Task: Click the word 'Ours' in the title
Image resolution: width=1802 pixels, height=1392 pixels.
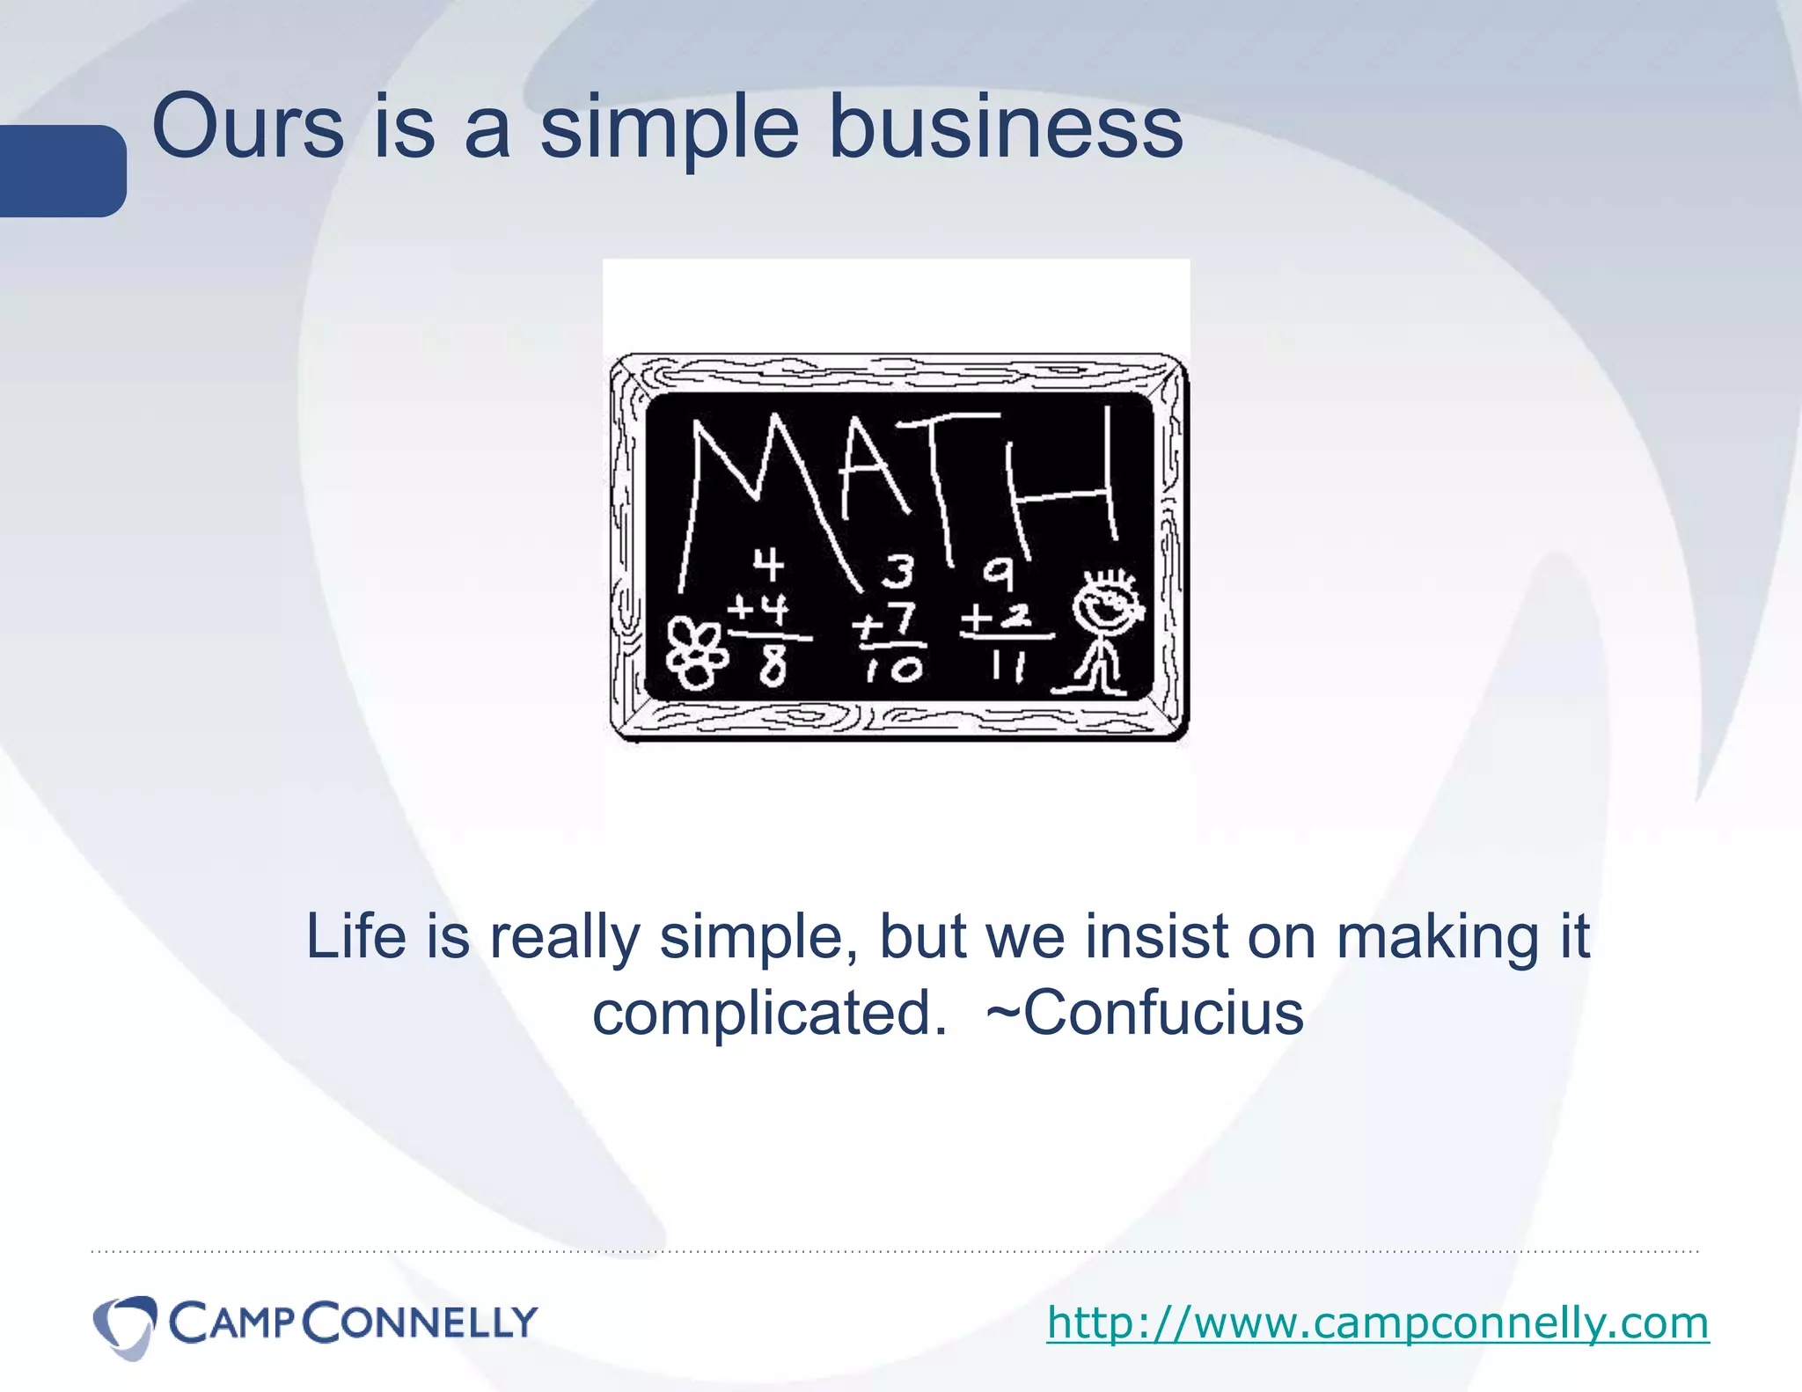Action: point(247,128)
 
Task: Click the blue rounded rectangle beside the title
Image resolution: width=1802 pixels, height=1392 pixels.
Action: point(62,171)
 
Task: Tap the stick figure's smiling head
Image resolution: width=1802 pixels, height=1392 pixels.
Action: point(1108,604)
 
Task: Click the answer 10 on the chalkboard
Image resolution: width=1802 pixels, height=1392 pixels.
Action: point(894,670)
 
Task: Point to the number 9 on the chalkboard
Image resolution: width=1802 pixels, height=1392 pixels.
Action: point(999,575)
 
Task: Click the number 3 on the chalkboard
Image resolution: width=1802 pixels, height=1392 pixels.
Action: point(898,572)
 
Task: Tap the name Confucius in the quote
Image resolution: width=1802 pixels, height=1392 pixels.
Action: point(1162,1014)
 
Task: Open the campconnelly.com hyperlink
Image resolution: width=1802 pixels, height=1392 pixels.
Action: point(1377,1322)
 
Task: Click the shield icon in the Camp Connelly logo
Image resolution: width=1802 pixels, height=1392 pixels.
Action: point(125,1325)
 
